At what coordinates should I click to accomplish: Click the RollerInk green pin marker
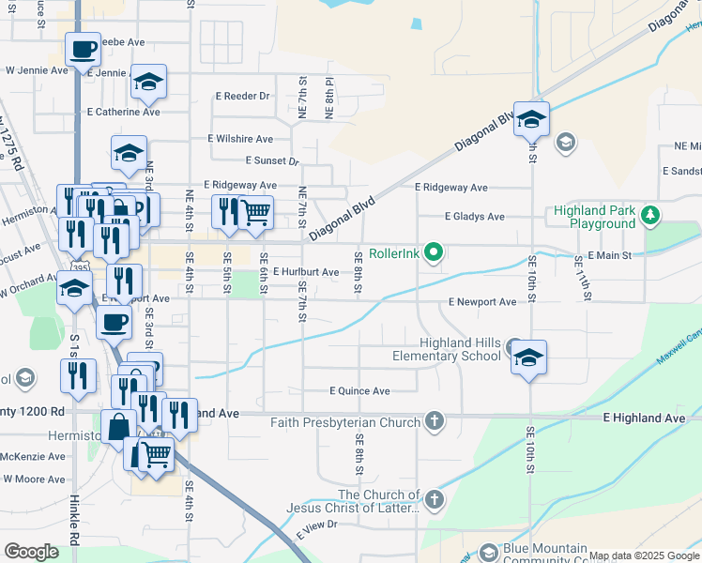pyautogui.click(x=433, y=252)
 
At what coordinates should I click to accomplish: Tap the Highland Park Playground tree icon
pyautogui.click(x=649, y=217)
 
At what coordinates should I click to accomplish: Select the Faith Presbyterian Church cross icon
pyautogui.click(x=434, y=421)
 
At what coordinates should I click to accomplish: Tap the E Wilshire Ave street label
pyautogui.click(x=240, y=139)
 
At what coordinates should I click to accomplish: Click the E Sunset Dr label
pyautogui.click(x=271, y=161)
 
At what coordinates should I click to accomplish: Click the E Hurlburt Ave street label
pyautogui.click(x=306, y=272)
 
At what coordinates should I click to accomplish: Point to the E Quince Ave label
pyautogui.click(x=359, y=390)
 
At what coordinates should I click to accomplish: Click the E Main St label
pyautogui.click(x=617, y=255)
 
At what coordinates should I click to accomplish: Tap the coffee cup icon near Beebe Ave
pyautogui.click(x=84, y=49)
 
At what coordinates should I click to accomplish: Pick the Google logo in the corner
pyautogui.click(x=31, y=552)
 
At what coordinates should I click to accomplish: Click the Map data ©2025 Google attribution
pyautogui.click(x=644, y=555)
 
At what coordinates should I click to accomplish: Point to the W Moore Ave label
pyautogui.click(x=34, y=479)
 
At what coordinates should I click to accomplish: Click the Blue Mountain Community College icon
pyautogui.click(x=487, y=552)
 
